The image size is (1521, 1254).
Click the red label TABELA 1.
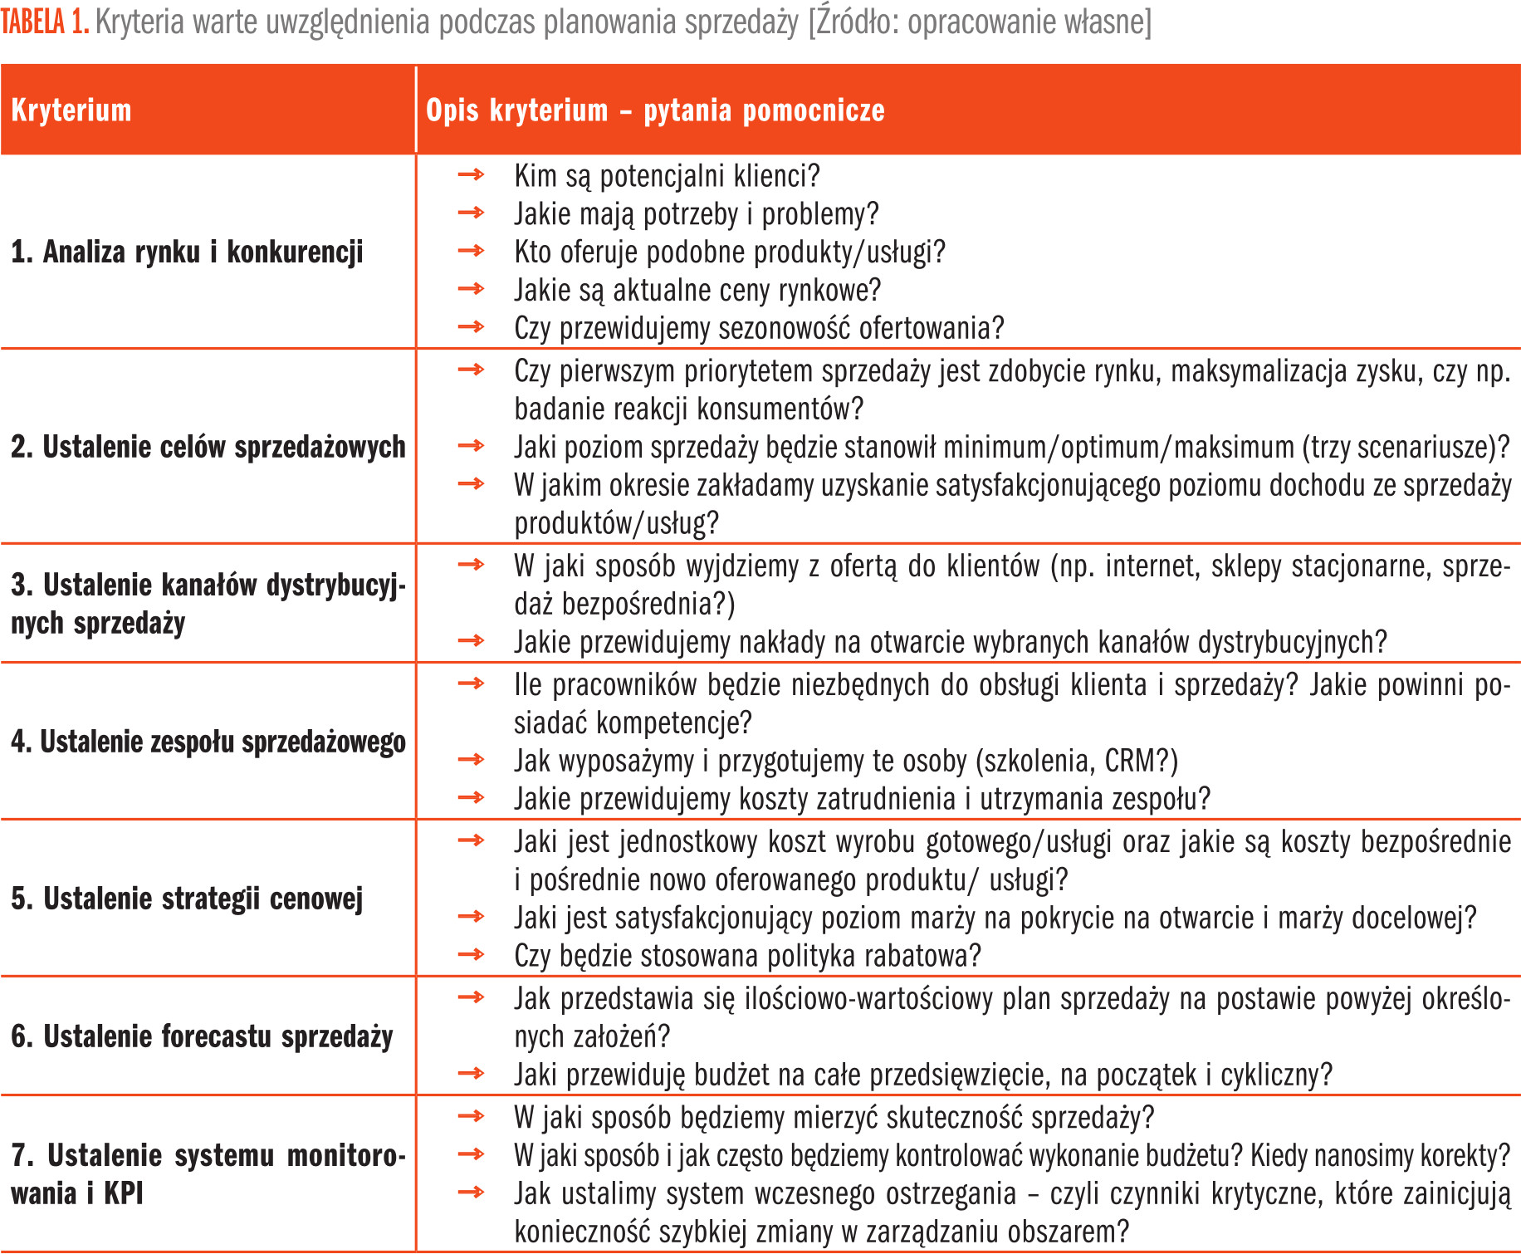[x=45, y=22]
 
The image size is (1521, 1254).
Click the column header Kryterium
[x=71, y=110]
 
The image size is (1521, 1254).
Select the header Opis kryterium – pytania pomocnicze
[x=654, y=110]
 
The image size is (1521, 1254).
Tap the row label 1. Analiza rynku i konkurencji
[x=187, y=252]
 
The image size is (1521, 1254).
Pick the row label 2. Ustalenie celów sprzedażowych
[x=208, y=447]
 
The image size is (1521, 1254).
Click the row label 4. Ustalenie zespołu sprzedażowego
[x=208, y=742]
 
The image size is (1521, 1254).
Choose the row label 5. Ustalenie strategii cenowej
[x=187, y=899]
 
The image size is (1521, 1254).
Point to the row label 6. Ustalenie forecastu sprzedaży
[x=202, y=1036]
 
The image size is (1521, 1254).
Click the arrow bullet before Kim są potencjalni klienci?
[x=471, y=174]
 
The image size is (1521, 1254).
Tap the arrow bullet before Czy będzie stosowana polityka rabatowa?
[x=471, y=954]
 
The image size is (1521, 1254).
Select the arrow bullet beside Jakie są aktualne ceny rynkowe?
[x=471, y=289]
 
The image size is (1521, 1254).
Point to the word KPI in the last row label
[x=124, y=1193]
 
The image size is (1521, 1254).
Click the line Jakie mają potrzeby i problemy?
[x=696, y=214]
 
